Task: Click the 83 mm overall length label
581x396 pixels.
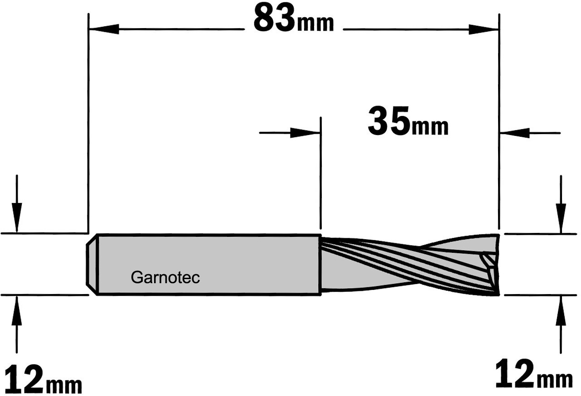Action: [x=294, y=19]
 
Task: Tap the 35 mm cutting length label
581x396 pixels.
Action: [x=408, y=121]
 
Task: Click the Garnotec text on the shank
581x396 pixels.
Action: [x=165, y=278]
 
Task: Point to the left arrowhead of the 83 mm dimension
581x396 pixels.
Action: [x=104, y=29]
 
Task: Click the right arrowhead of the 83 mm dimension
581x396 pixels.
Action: [x=484, y=29]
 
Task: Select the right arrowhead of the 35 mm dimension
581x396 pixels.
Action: [x=515, y=133]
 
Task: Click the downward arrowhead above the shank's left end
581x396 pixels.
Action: [x=17, y=217]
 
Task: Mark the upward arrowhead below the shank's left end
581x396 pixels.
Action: [x=17, y=311]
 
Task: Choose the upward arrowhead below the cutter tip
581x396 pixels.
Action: [x=561, y=311]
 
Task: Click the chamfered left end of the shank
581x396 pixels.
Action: [x=92, y=264]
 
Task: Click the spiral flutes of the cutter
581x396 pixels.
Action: [x=410, y=265]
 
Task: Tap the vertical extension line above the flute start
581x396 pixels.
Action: [x=321, y=173]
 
